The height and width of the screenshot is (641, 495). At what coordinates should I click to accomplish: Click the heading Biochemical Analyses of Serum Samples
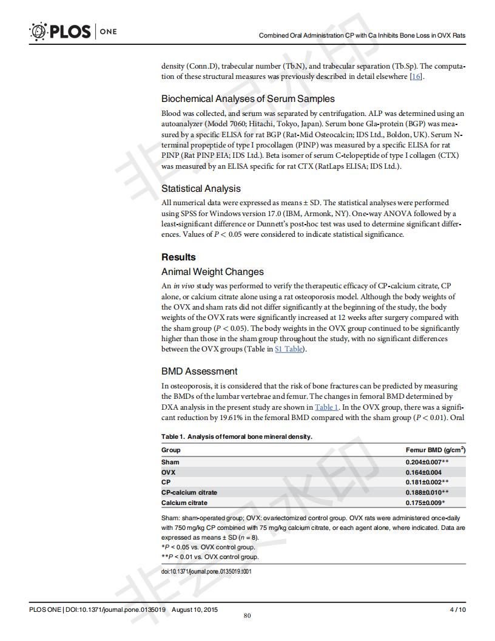click(x=247, y=98)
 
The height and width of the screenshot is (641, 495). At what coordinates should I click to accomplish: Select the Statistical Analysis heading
click(x=201, y=188)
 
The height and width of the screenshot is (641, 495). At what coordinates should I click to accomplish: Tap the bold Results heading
click(x=178, y=257)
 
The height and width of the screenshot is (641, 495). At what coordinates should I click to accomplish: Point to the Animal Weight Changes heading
click(x=212, y=271)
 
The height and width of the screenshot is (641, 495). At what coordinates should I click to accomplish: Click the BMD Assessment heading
click(x=199, y=371)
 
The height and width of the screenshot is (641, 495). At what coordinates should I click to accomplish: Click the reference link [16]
click(x=416, y=76)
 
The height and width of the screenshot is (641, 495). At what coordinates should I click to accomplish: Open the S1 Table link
click(x=289, y=349)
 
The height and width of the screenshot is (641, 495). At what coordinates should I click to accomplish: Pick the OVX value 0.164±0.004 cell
click(x=423, y=472)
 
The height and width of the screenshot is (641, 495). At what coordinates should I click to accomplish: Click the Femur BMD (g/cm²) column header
click(x=435, y=450)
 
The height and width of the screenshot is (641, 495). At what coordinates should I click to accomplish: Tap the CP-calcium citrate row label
click(x=189, y=492)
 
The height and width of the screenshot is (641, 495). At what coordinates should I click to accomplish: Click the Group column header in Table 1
click(x=170, y=450)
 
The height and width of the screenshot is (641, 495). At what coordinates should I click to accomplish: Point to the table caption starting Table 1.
click(x=237, y=436)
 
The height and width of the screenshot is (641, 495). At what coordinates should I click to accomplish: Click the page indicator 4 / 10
click(x=457, y=609)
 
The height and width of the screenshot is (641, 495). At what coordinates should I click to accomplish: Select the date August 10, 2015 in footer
click(x=195, y=609)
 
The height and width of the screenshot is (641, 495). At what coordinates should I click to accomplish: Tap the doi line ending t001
click(x=206, y=571)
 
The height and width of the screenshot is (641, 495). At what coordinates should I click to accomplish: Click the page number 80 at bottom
click(x=247, y=616)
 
